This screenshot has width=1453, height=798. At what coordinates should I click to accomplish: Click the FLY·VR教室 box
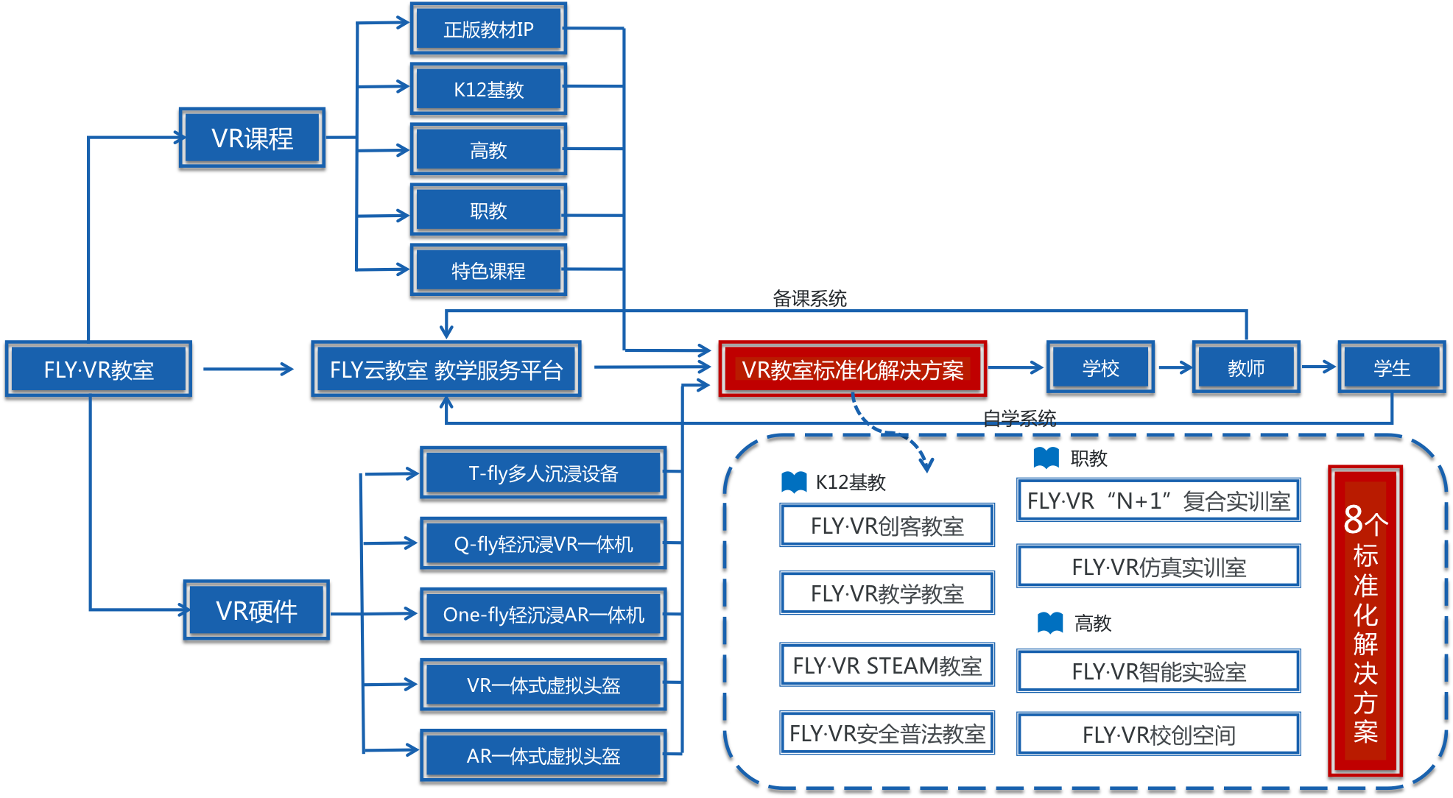point(98,369)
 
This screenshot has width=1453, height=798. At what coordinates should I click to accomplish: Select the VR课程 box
point(252,138)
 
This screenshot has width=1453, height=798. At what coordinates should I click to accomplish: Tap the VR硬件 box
point(256,610)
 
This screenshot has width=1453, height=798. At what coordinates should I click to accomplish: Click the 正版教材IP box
point(488,29)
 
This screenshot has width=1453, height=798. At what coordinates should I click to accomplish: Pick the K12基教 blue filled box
point(488,89)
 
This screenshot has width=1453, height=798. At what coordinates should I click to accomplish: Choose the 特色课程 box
point(488,270)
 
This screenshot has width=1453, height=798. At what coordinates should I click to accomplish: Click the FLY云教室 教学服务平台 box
point(446,369)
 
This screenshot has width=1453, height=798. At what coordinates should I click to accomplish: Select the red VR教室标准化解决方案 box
point(852,369)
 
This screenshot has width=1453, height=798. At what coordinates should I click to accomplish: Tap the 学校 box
point(1100,367)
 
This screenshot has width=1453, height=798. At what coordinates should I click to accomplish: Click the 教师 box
point(1245,367)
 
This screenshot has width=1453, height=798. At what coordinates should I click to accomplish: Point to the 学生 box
point(1391,367)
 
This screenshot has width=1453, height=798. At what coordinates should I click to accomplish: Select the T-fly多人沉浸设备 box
point(543,473)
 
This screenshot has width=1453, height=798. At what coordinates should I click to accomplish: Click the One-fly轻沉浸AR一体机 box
point(543,614)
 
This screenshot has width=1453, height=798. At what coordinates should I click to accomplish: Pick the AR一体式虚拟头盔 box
point(543,755)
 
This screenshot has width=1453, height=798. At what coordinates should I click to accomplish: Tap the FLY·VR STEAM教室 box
point(887,665)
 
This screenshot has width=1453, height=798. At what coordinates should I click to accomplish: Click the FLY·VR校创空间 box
point(1158,734)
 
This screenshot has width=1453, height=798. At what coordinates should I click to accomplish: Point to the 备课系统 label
point(809,298)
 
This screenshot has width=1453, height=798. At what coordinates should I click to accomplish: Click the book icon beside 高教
point(1050,623)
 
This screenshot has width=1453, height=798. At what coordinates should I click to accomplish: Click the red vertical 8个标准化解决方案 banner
point(1365,621)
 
